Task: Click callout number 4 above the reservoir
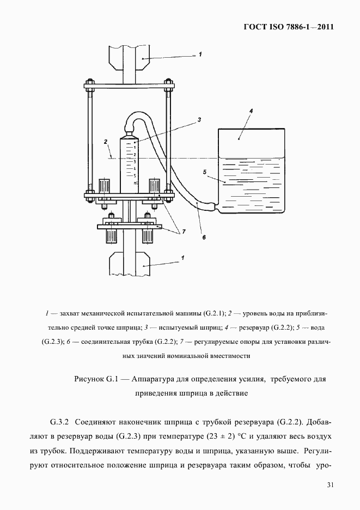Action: click(251, 111)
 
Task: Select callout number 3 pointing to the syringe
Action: click(200, 119)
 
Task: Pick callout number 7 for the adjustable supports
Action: click(184, 231)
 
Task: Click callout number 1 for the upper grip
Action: click(200, 54)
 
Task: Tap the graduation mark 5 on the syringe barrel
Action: click(134, 176)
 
